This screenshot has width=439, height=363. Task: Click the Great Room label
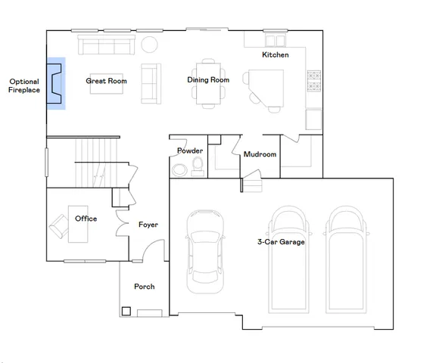pyautogui.click(x=106, y=81)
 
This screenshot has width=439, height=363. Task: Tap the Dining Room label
pyautogui.click(x=208, y=80)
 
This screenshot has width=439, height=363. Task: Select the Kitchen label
pyautogui.click(x=275, y=55)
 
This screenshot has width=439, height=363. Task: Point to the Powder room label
pyautogui.click(x=189, y=150)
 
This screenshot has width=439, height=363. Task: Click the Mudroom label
pyautogui.click(x=260, y=154)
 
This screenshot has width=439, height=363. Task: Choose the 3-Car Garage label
pyautogui.click(x=280, y=242)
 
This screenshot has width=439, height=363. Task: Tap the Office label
pyautogui.click(x=86, y=219)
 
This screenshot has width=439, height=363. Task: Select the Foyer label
pyautogui.click(x=148, y=225)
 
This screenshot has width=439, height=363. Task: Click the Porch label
pyautogui.click(x=144, y=287)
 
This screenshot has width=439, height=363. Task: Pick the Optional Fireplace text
pyautogui.click(x=24, y=85)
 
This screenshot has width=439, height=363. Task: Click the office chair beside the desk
pyautogui.click(x=58, y=225)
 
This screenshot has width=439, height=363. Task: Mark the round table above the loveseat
pyautogui.click(x=150, y=45)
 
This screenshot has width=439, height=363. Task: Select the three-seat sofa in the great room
pyautogui.click(x=106, y=47)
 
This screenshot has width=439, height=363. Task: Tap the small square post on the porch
pyautogui.click(x=126, y=310)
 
